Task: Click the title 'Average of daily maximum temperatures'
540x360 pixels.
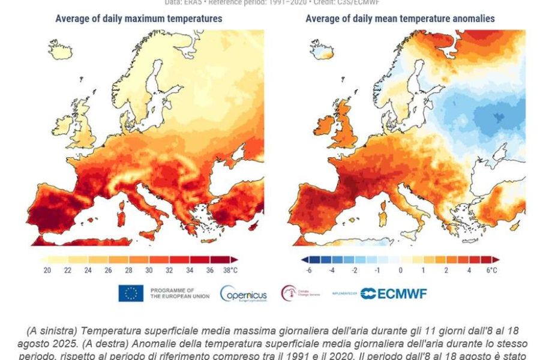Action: pos(139,19)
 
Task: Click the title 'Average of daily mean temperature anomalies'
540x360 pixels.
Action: pos(400,19)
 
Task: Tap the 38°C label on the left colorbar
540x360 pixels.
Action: pos(230,270)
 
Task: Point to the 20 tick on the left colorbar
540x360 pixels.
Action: pos(47,270)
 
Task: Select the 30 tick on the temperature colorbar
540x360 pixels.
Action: pos(149,270)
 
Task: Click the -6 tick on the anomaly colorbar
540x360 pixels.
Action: pos(309,270)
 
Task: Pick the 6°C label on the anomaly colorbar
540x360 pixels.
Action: pos(491,270)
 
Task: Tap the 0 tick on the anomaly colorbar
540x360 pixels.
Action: pos(400,270)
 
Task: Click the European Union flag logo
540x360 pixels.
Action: pos(131,293)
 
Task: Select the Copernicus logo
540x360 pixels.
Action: pos(243,293)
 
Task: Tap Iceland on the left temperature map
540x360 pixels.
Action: pos(60,50)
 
